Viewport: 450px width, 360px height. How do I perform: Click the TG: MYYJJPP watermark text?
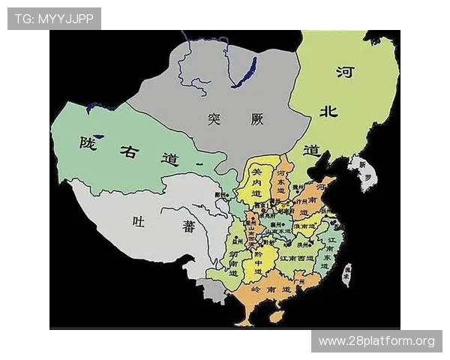coord(53,19)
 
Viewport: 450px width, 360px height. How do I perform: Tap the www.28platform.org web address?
coord(376,341)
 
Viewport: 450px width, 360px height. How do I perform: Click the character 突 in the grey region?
coord(214,118)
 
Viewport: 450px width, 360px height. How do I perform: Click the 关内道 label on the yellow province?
coord(257,184)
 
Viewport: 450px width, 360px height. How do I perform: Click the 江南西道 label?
coord(295,257)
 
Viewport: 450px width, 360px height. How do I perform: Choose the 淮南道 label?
coord(304,224)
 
